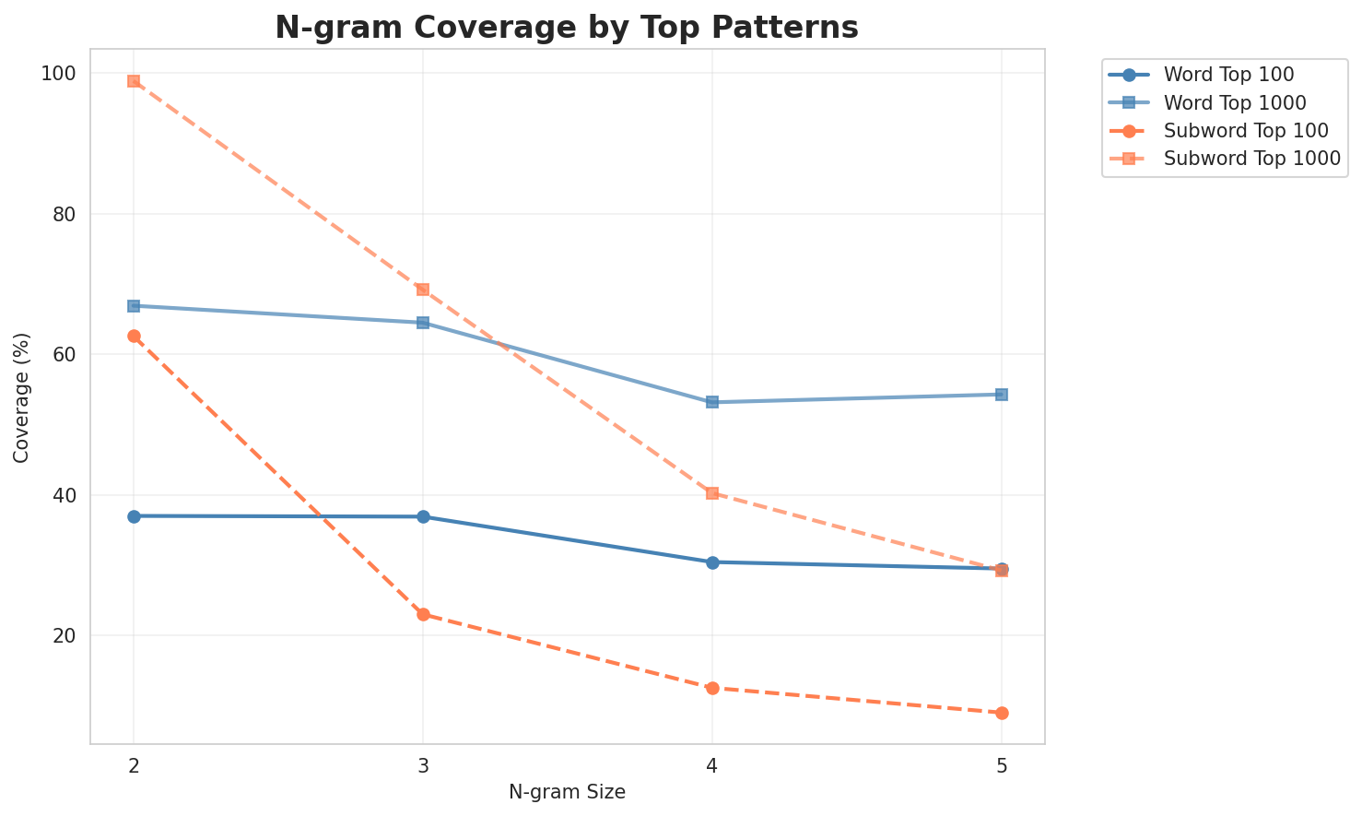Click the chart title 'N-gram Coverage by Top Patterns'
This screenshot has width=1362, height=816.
pyautogui.click(x=567, y=28)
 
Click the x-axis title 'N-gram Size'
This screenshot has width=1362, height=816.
pyautogui.click(x=567, y=792)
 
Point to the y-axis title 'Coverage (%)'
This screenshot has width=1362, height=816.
pyautogui.click(x=21, y=396)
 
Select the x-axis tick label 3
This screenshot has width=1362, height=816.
pyautogui.click(x=423, y=765)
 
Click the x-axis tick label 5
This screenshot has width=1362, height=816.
pyautogui.click(x=1002, y=765)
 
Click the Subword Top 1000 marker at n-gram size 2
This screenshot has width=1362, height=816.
pyautogui.click(x=134, y=81)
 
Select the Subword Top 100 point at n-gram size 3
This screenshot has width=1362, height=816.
pyautogui.click(x=423, y=614)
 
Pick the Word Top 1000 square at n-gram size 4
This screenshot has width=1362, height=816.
pyautogui.click(x=712, y=402)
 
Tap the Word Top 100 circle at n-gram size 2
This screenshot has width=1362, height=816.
pyautogui.click(x=134, y=516)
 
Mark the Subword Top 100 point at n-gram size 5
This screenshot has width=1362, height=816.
pyautogui.click(x=1002, y=713)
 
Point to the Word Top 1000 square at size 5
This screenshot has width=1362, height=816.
pyautogui.click(x=1002, y=395)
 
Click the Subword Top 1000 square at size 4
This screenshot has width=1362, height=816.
pyautogui.click(x=712, y=493)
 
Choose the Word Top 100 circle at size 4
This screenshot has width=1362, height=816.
pyautogui.click(x=712, y=562)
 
